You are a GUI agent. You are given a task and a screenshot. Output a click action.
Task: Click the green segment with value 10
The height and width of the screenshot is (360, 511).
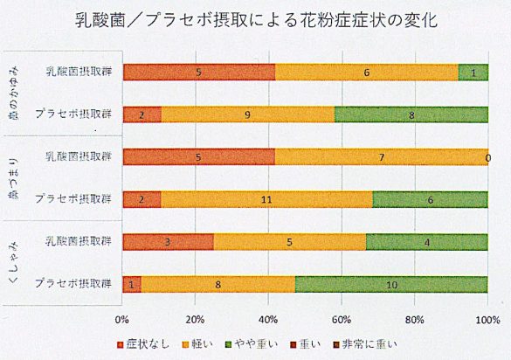point(391,283)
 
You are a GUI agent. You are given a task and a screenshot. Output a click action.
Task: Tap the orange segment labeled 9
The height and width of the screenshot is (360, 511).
point(248,114)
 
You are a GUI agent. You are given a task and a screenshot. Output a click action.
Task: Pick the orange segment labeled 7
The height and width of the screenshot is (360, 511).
point(381,157)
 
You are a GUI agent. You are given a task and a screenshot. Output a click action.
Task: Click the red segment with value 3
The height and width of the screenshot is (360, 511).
point(168,242)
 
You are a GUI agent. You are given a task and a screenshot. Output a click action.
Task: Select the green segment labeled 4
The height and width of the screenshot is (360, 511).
point(426,242)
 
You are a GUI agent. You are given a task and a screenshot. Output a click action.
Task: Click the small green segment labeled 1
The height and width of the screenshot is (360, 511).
point(473,73)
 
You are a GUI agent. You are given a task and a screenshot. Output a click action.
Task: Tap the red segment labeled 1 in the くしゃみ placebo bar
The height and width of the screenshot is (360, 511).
point(131,283)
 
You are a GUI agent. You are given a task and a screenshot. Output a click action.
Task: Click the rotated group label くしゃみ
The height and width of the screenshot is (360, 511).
point(15,262)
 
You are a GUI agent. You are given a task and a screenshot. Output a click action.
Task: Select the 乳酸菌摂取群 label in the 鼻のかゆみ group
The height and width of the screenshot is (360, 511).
point(81,73)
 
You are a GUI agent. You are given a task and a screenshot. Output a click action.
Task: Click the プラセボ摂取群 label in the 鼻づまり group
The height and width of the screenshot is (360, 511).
point(75,199)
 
